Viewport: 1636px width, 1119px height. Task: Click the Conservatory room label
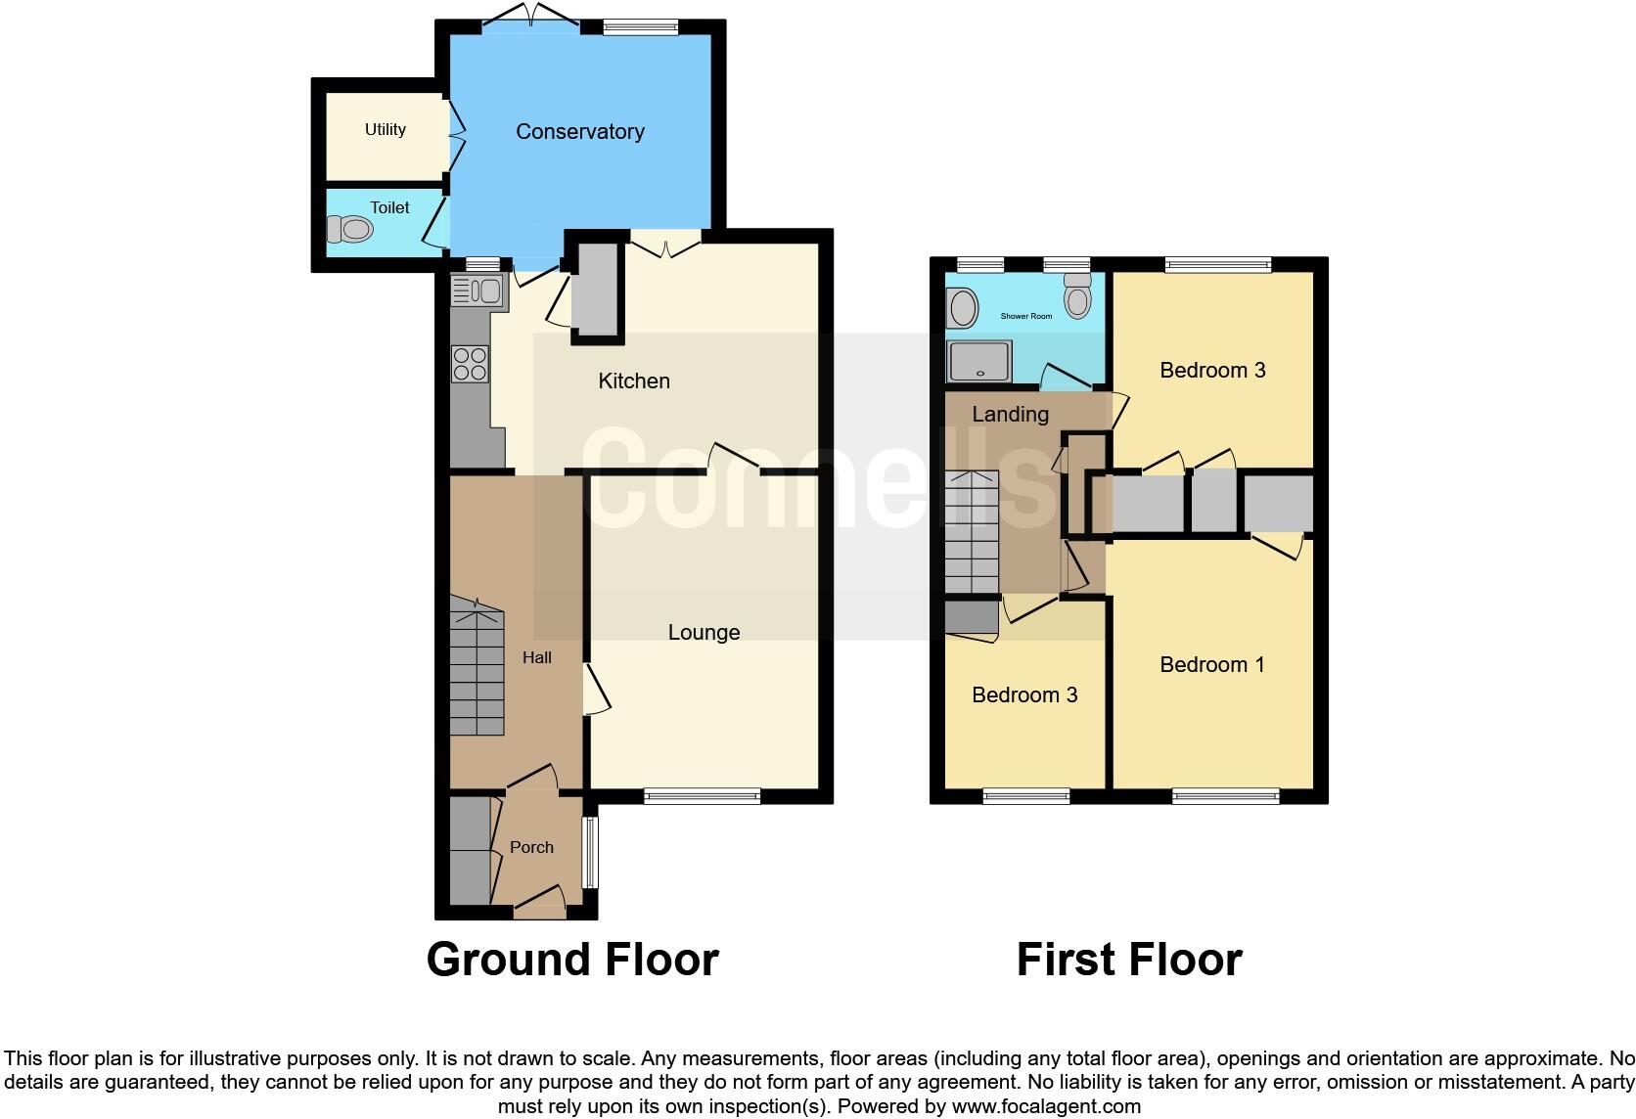579,131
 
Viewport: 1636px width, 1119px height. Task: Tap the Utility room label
385,129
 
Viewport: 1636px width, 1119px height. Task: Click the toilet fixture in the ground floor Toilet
349,230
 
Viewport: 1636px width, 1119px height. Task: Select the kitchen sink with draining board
477,291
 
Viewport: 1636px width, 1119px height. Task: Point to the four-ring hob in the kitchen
470,364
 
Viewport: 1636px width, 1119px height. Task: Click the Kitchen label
634,380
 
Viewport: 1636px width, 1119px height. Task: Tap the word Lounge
704,632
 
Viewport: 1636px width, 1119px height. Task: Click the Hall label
536,657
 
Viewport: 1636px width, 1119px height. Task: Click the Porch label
531,847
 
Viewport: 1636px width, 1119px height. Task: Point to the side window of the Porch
590,852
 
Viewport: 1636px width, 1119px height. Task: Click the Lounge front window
702,797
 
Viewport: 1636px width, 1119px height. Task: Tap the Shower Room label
1026,316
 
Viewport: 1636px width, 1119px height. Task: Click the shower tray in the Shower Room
978,361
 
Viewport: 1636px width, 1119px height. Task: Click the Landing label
1010,414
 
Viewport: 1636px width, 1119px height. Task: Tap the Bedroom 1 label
1211,664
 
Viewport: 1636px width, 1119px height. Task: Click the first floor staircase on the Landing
971,532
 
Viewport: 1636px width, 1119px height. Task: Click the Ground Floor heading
572,960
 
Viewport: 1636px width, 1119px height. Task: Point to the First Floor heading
1129,960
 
